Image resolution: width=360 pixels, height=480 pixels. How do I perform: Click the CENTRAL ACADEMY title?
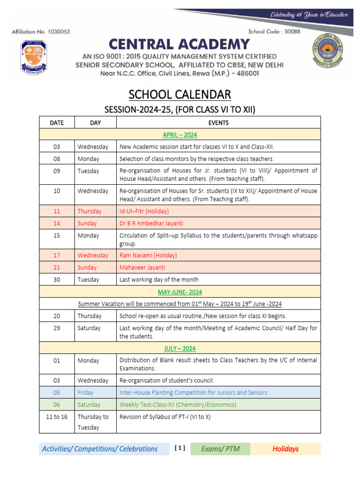point(180,45)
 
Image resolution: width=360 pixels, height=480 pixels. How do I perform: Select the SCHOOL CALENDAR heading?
point(180,95)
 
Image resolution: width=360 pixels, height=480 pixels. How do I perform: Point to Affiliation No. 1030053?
point(40,32)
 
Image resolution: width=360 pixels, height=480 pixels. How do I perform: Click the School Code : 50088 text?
point(274,32)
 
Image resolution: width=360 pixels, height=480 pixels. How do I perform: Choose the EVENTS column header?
point(218,123)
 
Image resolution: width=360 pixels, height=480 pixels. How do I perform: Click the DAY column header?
point(95,123)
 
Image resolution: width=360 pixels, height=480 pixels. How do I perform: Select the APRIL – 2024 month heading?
point(180,135)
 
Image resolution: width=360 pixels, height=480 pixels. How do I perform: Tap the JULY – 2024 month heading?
point(180,349)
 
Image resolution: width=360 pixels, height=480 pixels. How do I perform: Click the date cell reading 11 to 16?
point(57,416)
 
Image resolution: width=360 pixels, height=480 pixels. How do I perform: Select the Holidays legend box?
point(285,449)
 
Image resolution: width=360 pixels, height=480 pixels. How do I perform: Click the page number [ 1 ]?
point(180,448)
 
